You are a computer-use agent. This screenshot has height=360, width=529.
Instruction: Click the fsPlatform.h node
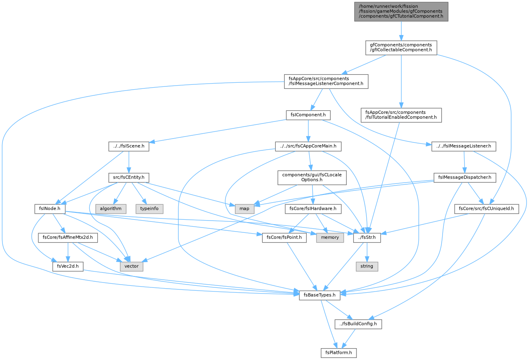(x=339, y=353)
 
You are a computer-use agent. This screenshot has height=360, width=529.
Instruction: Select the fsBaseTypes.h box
(x=319, y=295)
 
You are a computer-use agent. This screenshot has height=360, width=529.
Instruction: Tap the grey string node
(x=367, y=266)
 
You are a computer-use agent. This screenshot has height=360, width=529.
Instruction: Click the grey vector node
(x=131, y=266)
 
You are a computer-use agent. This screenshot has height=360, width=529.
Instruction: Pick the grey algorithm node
(x=111, y=209)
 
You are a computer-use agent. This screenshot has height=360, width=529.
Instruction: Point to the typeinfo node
(x=149, y=209)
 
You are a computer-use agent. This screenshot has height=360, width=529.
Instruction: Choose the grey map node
(x=244, y=209)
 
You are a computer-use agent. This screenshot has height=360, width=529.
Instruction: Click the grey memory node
(x=330, y=237)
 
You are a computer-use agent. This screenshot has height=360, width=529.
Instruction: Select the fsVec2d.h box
(x=68, y=266)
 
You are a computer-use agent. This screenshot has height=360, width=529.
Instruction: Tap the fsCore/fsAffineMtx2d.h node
(x=68, y=237)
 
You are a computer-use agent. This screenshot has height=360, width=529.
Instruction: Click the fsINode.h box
(x=50, y=209)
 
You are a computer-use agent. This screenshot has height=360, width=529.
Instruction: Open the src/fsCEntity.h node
(x=129, y=177)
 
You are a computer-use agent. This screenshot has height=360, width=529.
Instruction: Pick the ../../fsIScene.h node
(x=129, y=146)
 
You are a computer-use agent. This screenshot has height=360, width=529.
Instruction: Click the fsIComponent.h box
(x=308, y=115)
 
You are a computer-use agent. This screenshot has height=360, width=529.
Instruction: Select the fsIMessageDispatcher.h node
(x=465, y=177)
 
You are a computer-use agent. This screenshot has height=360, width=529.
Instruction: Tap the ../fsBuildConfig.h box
(x=358, y=324)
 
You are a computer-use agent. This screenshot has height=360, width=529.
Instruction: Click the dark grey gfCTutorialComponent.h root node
(x=401, y=11)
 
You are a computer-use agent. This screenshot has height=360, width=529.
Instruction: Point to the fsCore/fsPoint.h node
(x=284, y=237)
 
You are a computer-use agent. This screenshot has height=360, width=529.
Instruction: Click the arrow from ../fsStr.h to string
(x=367, y=252)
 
